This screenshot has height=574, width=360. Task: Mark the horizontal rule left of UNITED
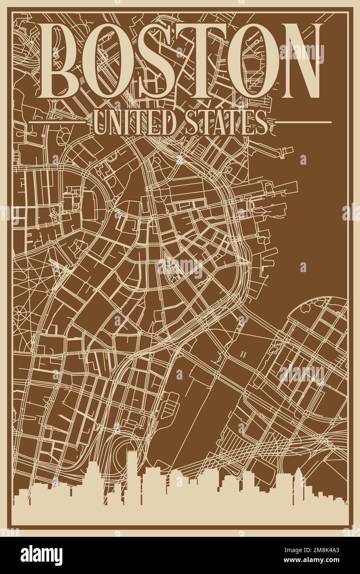[57, 122]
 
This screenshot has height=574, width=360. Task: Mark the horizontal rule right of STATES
[303, 122]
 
